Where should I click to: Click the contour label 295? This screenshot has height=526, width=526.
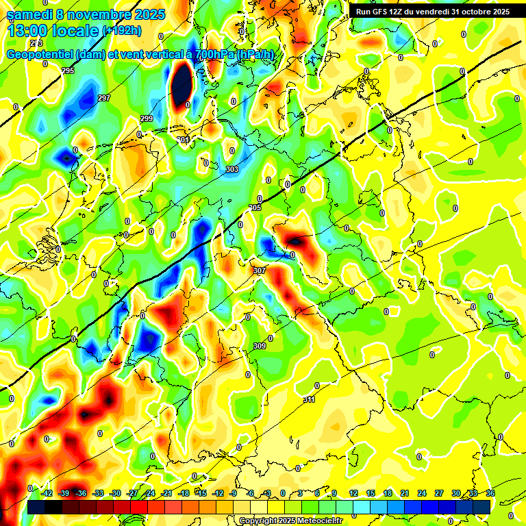coord(68,71)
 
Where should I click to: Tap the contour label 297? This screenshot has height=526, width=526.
coord(104,99)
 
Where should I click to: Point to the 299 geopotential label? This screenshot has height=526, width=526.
coord(147,119)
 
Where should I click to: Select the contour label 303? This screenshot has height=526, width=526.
coord(231,169)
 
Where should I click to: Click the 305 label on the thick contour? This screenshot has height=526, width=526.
coord(255,208)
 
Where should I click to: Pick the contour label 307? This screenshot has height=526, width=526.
coord(259,271)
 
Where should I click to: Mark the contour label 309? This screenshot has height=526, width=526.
coord(260,347)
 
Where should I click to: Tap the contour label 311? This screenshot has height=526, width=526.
coord(309,400)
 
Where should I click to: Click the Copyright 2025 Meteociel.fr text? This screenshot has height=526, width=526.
coord(290,521)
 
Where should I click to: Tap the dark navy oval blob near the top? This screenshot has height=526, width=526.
coord(181,84)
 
